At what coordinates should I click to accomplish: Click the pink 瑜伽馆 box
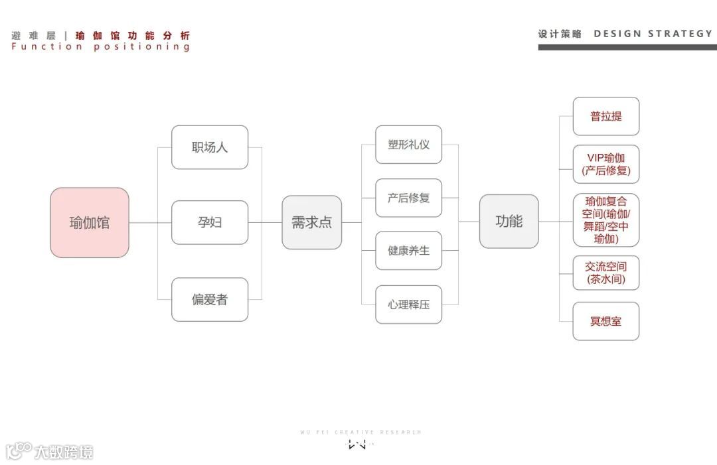90,223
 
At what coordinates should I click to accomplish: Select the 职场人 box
210,147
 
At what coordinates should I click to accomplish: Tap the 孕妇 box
210,222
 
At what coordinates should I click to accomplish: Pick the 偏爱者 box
210,299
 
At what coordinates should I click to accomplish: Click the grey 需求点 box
312,222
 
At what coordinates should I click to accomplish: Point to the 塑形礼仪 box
408,145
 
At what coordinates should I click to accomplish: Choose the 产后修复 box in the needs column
408,198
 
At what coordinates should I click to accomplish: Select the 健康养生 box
408,251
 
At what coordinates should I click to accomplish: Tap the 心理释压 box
408,304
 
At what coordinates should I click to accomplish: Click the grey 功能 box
509,222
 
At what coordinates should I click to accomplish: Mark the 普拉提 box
605,116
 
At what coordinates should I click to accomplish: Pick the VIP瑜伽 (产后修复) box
605,165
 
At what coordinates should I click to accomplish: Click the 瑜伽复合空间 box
605,220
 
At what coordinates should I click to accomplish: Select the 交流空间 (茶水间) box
605,273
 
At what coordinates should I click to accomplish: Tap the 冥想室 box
605,321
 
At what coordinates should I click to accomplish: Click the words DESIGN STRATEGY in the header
653,33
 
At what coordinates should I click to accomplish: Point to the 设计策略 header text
559,33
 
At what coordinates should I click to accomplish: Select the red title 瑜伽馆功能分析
133,35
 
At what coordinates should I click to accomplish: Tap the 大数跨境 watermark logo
50,452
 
